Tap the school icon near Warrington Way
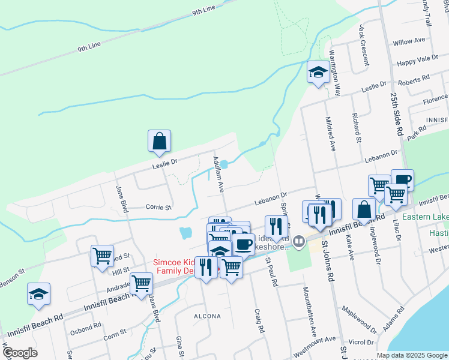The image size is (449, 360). (x=318, y=73)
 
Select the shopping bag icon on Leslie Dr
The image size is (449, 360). (x=160, y=142)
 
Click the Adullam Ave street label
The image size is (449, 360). (x=218, y=174)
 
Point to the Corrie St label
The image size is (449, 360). (x=159, y=207)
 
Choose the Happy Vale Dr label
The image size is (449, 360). (x=418, y=61)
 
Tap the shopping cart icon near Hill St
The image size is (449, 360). (x=102, y=256)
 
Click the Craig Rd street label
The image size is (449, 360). (x=260, y=321)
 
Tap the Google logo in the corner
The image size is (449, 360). (x=20, y=353)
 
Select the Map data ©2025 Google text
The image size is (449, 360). (x=411, y=355)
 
